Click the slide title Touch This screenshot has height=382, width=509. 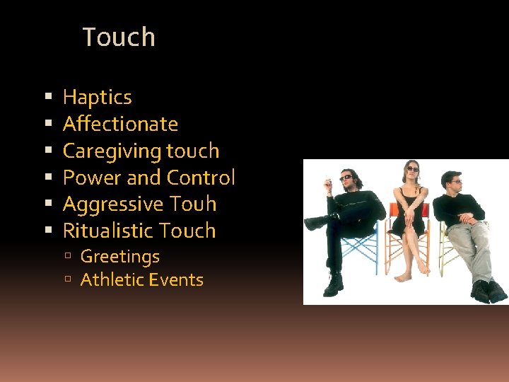[119, 37]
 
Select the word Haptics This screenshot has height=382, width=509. [97, 97]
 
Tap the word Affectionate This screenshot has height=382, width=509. [120, 124]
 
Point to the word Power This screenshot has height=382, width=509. [88, 178]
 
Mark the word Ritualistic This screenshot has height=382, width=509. [108, 231]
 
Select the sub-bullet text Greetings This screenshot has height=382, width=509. [119, 256]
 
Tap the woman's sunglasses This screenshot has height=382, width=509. [412, 169]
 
